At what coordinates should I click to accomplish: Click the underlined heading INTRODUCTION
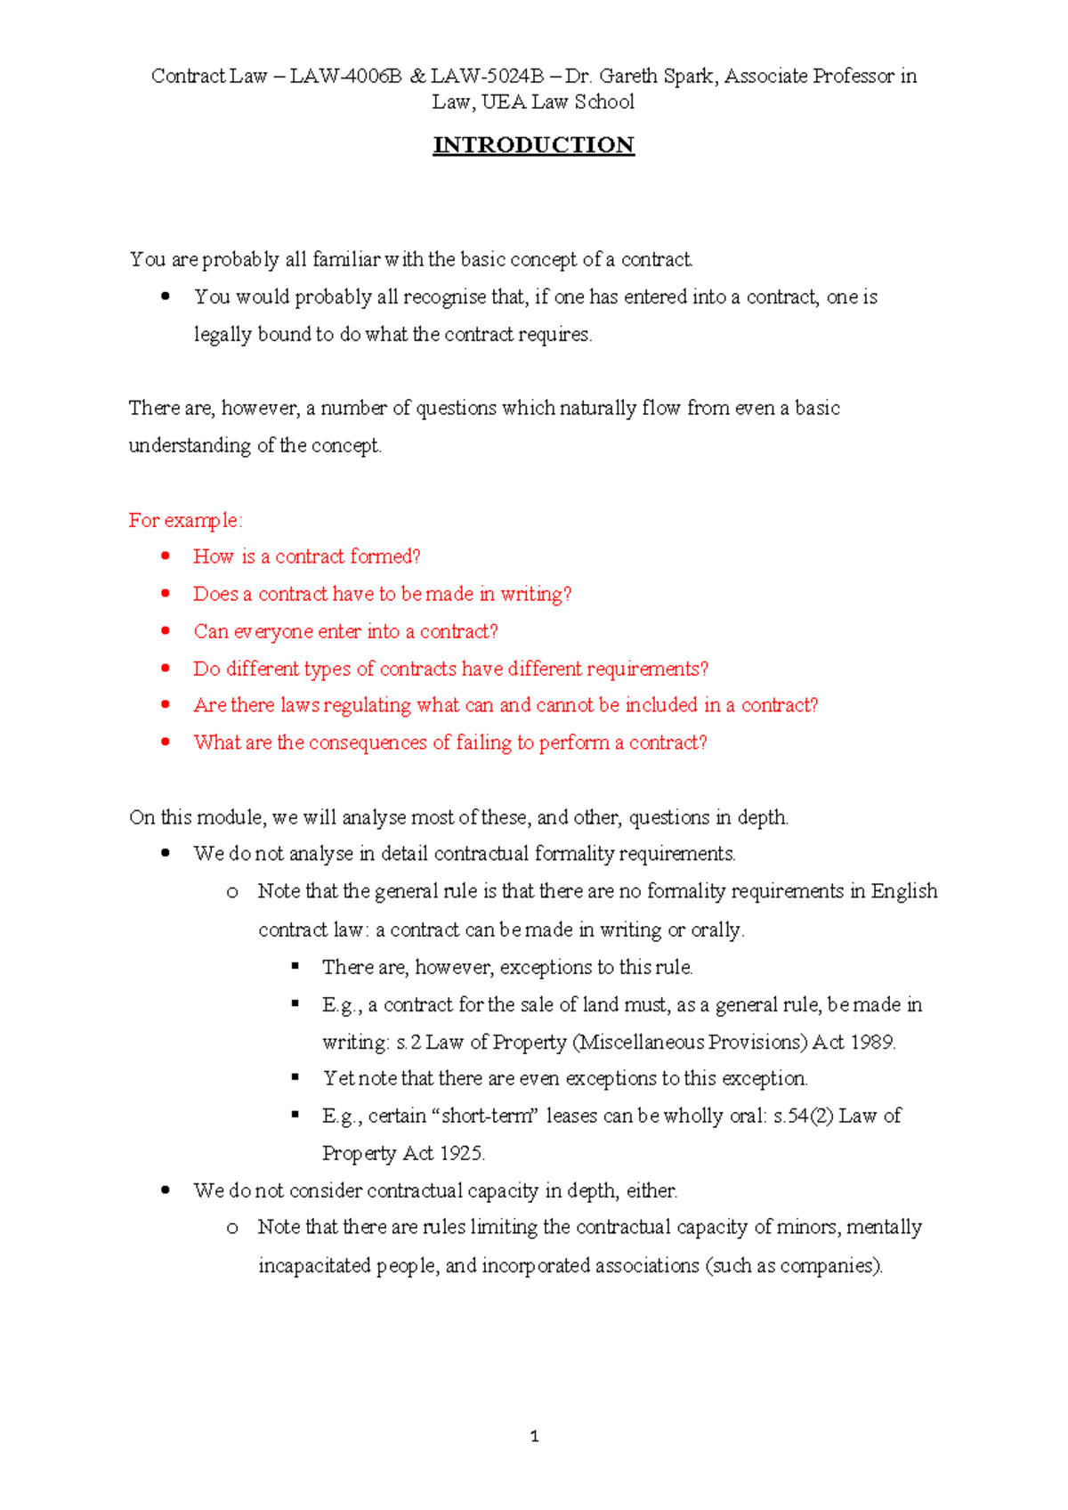(533, 145)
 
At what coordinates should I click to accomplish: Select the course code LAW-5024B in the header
(487, 77)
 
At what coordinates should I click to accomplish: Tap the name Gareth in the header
(628, 77)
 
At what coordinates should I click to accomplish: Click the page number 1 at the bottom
(534, 1435)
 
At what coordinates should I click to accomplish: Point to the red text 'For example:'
(185, 520)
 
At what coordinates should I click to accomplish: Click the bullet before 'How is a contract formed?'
(166, 556)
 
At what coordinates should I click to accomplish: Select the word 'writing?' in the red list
(536, 594)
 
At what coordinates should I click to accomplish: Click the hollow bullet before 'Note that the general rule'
(232, 892)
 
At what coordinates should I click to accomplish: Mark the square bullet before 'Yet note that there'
(295, 1077)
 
